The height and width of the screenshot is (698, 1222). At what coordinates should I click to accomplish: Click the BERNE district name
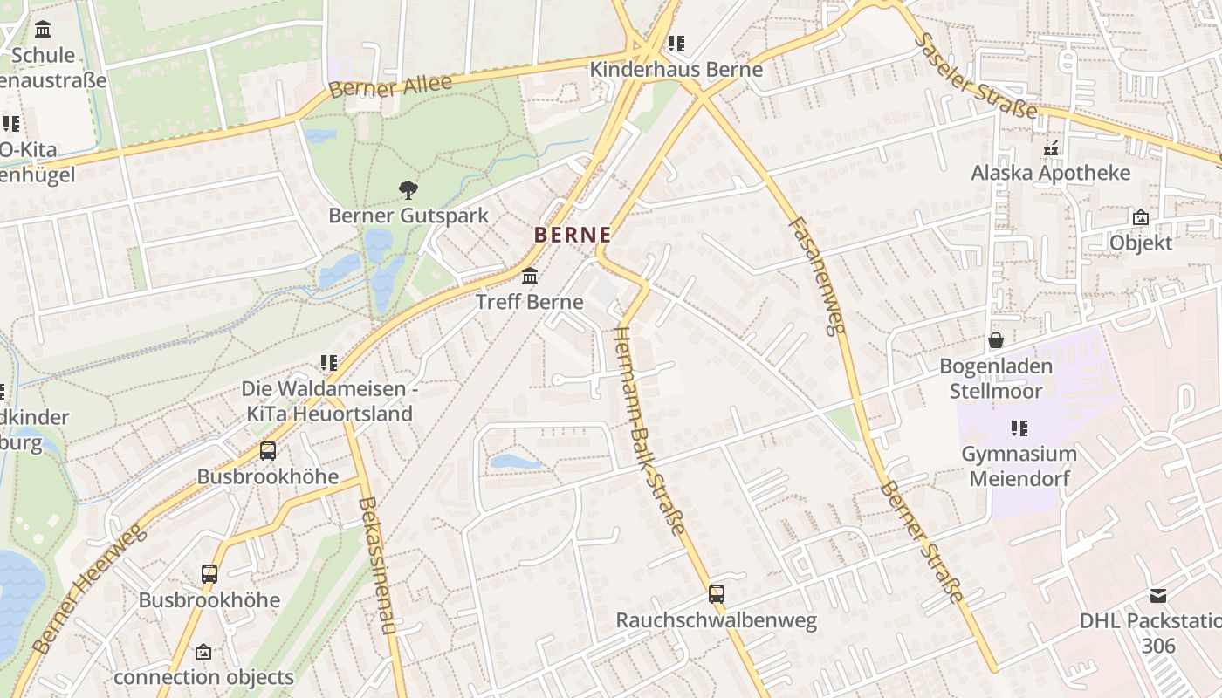pyautogui.click(x=572, y=235)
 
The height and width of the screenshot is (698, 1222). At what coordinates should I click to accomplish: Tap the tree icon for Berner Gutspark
pyautogui.click(x=408, y=189)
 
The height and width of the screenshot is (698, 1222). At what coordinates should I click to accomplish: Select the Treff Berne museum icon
pyautogui.click(x=529, y=277)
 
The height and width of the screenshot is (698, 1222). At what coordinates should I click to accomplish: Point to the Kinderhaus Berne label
pyautogui.click(x=676, y=70)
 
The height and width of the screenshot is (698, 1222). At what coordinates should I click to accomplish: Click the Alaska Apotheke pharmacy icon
pyautogui.click(x=1051, y=148)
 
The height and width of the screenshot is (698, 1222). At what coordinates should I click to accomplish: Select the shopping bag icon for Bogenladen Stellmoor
pyautogui.click(x=995, y=340)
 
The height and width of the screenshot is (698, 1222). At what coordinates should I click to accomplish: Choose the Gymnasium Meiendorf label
pyautogui.click(x=1019, y=466)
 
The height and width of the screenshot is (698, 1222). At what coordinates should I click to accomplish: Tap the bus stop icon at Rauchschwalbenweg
pyautogui.click(x=717, y=594)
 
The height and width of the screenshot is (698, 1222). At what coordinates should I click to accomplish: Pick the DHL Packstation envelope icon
pyautogui.click(x=1157, y=596)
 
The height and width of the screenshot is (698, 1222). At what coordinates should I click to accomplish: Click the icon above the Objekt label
pyautogui.click(x=1140, y=217)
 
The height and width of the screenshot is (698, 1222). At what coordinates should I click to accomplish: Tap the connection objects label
pyautogui.click(x=203, y=677)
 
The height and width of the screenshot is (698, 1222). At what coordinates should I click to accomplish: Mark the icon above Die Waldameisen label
pyautogui.click(x=328, y=362)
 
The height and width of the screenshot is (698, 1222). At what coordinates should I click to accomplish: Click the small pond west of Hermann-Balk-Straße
pyautogui.click(x=515, y=462)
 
